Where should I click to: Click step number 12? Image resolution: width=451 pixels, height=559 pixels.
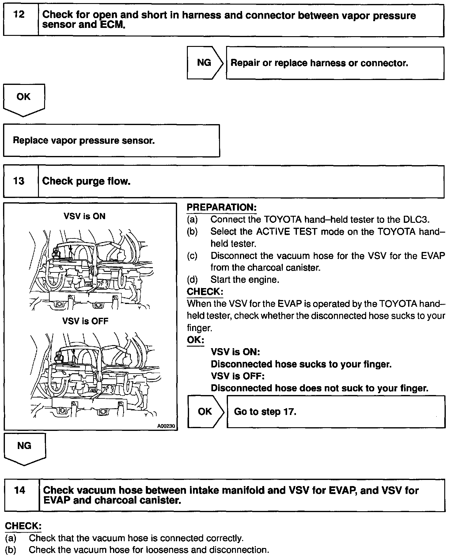coord(19,14)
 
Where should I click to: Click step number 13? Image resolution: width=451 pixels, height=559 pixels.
coord(19,181)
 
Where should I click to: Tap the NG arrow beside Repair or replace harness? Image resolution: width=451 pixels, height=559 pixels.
coord(204,63)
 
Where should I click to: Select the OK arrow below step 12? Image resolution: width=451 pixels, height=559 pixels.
coord(24,97)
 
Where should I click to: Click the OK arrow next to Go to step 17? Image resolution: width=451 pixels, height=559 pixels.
coord(205,411)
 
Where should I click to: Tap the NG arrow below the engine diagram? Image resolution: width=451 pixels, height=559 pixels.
coord(24,446)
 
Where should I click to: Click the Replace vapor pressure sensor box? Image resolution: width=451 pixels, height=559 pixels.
coord(111,141)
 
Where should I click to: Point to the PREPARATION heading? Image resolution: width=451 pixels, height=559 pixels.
coord(222,207)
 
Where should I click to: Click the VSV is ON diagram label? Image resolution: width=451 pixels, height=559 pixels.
coord(85,216)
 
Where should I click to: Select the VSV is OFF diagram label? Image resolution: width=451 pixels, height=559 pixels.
coord(85,321)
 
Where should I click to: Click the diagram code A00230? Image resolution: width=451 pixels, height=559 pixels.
coord(165,426)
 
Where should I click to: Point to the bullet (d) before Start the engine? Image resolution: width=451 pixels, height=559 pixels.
coord(192,279)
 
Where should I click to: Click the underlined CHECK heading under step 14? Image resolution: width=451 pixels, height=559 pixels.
coord(23,526)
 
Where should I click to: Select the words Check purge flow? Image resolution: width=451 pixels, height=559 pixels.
coord(86,181)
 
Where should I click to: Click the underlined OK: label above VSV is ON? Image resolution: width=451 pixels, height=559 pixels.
coord(195,340)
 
